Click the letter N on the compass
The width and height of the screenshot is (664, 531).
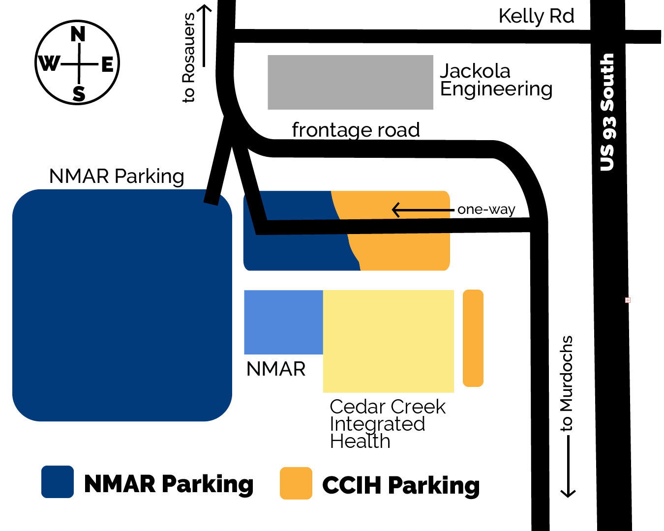point(78,34)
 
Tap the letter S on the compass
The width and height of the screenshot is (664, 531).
point(79,93)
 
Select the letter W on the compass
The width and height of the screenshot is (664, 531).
point(49,63)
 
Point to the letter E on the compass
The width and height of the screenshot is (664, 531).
point(107,64)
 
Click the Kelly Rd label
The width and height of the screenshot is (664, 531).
point(536,16)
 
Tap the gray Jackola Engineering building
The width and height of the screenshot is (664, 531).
point(350,82)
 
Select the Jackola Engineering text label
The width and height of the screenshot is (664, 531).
point(496,80)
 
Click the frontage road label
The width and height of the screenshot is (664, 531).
point(356,130)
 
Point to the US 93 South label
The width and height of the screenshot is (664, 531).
point(607,112)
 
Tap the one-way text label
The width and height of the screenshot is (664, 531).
point(486,209)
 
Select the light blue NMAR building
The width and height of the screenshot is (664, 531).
point(283,322)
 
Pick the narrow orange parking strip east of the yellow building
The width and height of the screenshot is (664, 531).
point(473,338)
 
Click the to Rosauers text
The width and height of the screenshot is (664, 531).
point(189,58)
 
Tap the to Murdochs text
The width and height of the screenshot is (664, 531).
point(567,383)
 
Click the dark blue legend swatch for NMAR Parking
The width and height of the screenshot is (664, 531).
point(58,482)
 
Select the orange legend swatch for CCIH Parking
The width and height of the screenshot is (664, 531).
point(296,483)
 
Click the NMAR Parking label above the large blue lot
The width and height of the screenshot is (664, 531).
point(117,176)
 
